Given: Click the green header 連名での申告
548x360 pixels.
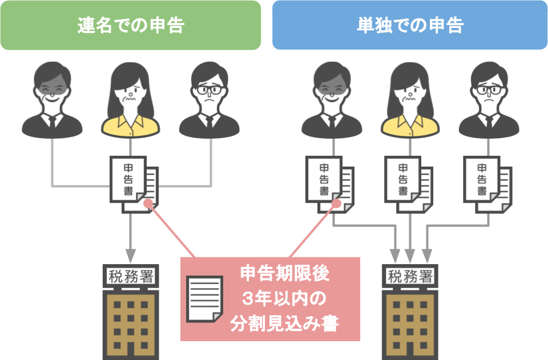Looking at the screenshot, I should point(131,25).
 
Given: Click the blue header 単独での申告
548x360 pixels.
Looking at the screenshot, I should point(409,25).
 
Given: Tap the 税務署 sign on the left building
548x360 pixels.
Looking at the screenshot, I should point(130,277).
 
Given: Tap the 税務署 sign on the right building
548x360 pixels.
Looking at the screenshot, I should point(409,277).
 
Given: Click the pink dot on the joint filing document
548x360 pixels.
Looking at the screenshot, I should point(148,203).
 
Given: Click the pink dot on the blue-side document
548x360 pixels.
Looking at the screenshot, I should point(336,203).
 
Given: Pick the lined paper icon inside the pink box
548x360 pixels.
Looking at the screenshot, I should point(205,299).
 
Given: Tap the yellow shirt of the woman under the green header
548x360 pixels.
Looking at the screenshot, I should point(131,124).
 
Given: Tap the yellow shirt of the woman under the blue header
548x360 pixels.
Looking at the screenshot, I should point(409,124).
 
